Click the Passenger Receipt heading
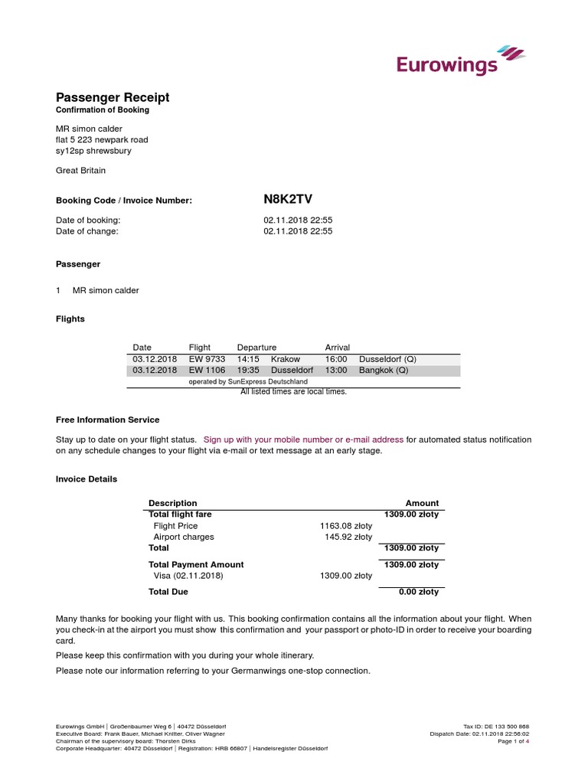click(113, 97)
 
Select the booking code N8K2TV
click(288, 200)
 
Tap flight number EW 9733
click(207, 359)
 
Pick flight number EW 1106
click(207, 371)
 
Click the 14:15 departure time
click(249, 359)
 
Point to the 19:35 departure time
click(249, 371)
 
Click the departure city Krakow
click(286, 359)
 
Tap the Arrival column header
click(338, 348)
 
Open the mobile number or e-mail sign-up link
click(303, 439)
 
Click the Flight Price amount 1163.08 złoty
click(345, 526)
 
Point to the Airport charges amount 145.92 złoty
click(348, 537)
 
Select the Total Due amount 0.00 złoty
click(419, 592)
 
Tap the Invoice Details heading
click(87, 479)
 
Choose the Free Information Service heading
click(107, 420)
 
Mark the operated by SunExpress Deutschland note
click(248, 381)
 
